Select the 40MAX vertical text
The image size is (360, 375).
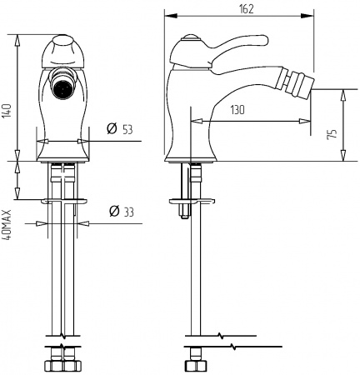pyautogui.click(x=7, y=225)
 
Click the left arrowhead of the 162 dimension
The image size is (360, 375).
pyautogui.click(x=167, y=15)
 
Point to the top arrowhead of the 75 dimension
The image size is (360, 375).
pyautogui.click(x=341, y=92)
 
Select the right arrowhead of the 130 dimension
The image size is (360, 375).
pyautogui.click(x=288, y=121)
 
